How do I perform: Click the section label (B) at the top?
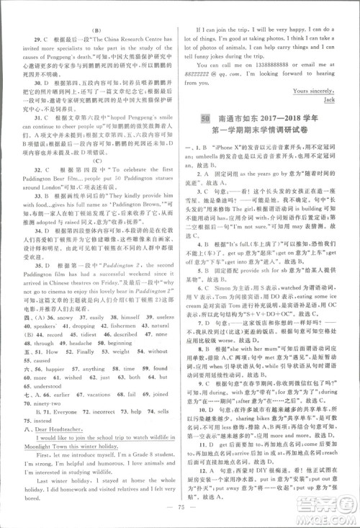(94, 11)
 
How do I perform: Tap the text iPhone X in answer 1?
(233, 148)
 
